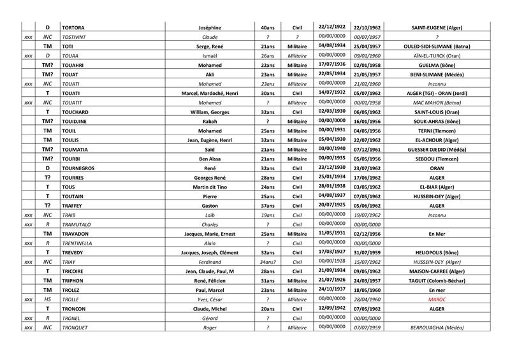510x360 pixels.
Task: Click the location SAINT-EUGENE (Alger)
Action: click(437, 28)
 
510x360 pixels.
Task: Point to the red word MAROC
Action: click(437, 299)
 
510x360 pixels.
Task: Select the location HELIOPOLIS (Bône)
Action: click(437, 252)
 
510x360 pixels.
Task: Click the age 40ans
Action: click(268, 28)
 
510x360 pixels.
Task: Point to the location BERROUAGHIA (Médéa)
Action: click(437, 327)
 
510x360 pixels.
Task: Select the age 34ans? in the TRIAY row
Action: click(268, 261)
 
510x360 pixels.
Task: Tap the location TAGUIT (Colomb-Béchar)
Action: click(437, 280)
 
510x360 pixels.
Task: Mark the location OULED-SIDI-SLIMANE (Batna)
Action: click(437, 47)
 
